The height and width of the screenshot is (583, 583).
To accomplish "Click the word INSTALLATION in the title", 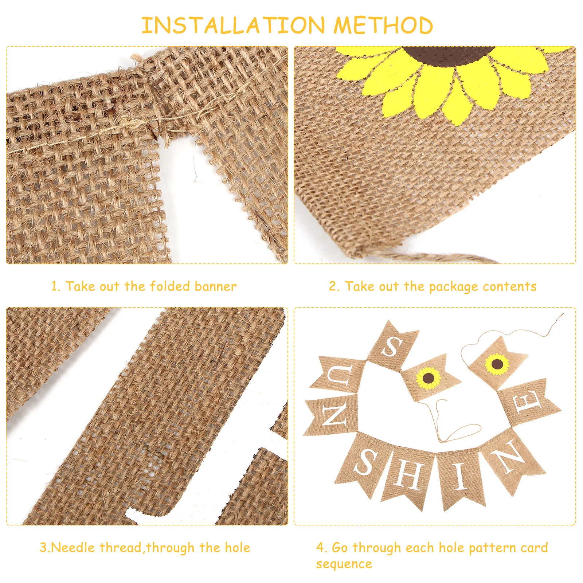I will coord(233,26).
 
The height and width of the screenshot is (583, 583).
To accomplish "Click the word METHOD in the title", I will coord(383,26).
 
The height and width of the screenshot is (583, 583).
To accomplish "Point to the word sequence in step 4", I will coord(344,564).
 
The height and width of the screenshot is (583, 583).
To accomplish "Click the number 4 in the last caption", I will coord(320,548).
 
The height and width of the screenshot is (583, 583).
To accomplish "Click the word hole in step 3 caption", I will coord(237,548).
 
